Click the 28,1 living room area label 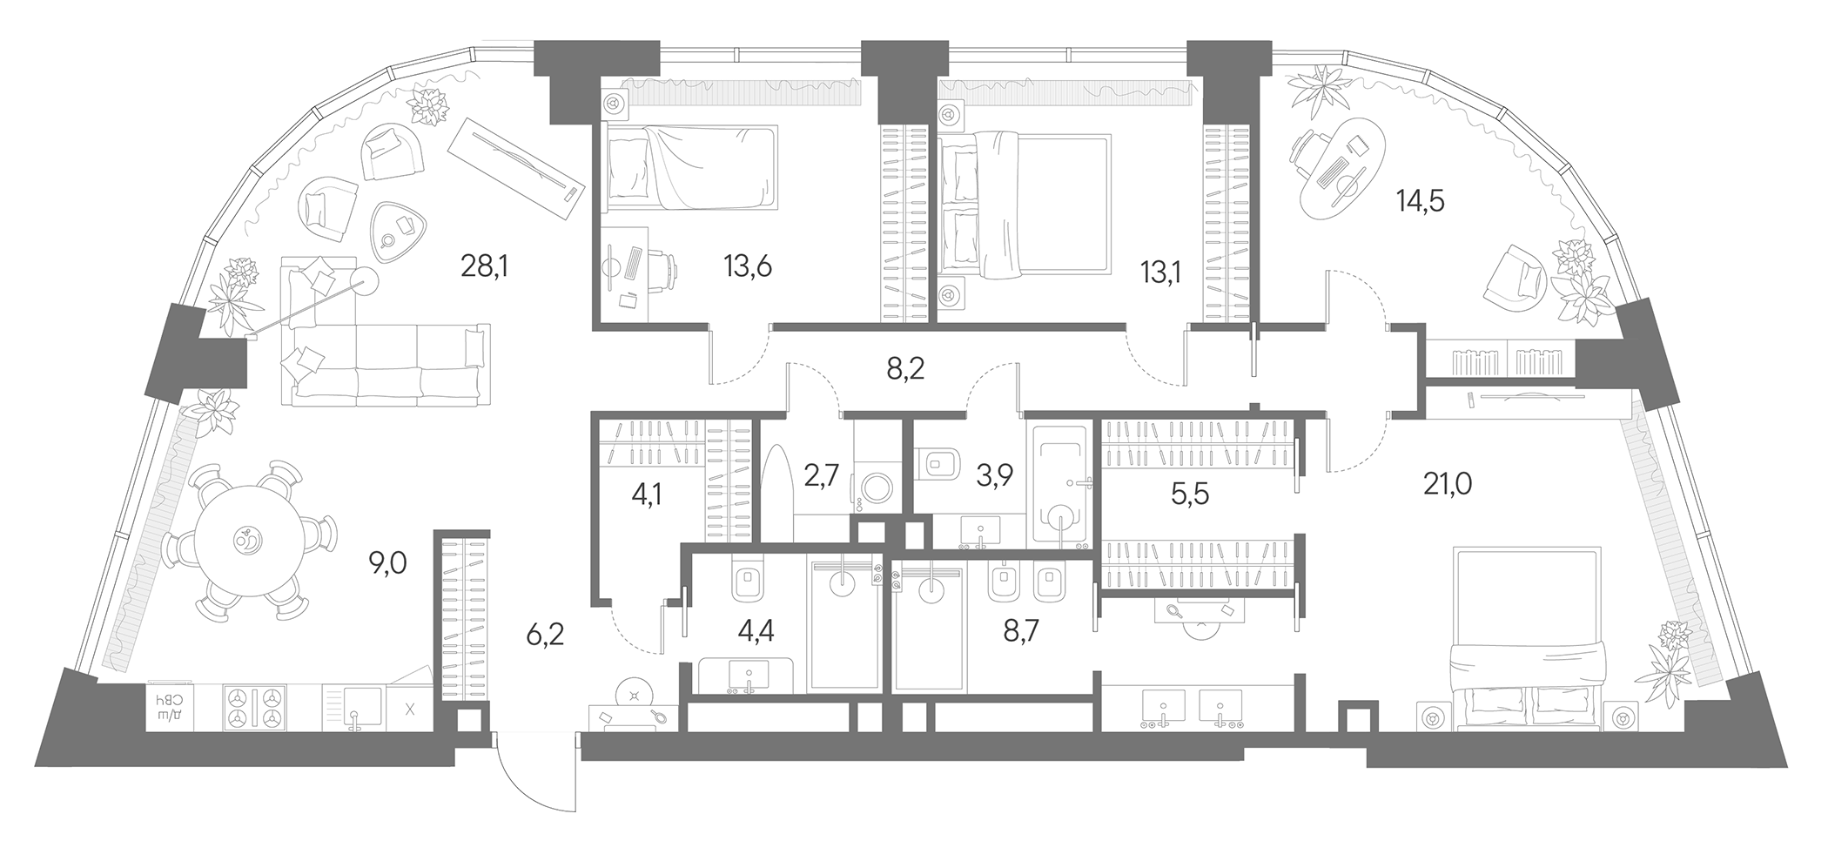pyautogui.click(x=483, y=266)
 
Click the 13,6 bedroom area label pyautogui.click(x=747, y=266)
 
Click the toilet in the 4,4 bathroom pyautogui.click(x=747, y=578)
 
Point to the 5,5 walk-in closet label pyautogui.click(x=1189, y=494)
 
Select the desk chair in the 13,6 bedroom pyautogui.click(x=661, y=268)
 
